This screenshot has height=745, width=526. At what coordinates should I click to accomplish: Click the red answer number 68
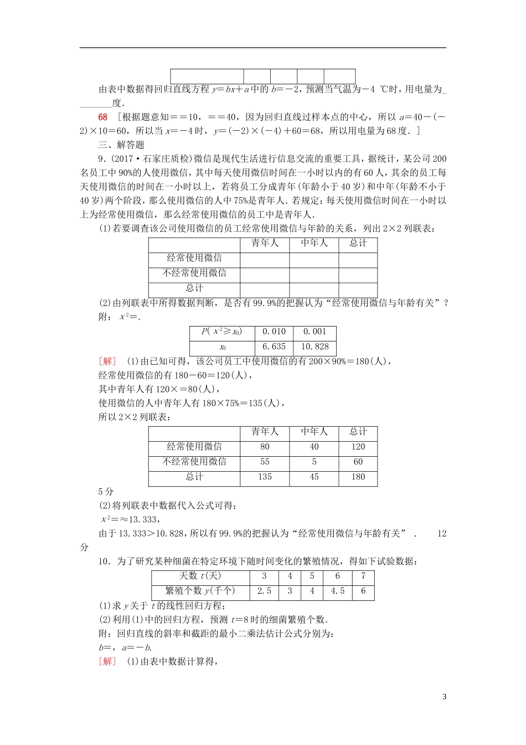(x=103, y=117)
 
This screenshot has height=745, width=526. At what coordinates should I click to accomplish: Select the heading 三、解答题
(x=121, y=145)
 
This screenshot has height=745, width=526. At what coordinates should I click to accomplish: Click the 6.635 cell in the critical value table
(x=274, y=347)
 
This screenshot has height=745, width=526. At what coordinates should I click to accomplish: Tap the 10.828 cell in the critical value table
(x=314, y=347)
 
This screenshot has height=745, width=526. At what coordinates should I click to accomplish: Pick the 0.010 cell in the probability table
(x=274, y=331)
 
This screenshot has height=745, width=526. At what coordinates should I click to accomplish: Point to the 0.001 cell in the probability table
(x=314, y=331)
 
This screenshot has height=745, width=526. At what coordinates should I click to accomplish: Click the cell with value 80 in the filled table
(x=265, y=447)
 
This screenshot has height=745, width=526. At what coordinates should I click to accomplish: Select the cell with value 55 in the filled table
(x=265, y=462)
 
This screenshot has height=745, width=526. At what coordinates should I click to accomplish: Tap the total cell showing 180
(x=358, y=477)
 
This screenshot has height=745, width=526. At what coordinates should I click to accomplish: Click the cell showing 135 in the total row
(x=265, y=477)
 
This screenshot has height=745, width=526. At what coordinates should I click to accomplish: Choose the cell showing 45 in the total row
(x=314, y=477)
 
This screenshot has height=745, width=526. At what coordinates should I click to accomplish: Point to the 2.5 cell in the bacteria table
(x=264, y=591)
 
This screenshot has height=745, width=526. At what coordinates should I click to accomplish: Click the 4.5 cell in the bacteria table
(x=338, y=591)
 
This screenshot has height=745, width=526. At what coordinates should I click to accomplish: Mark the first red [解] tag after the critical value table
(x=107, y=361)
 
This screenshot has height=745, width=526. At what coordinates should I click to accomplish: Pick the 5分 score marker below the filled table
(x=106, y=492)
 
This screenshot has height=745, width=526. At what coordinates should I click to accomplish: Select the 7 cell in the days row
(x=363, y=576)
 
